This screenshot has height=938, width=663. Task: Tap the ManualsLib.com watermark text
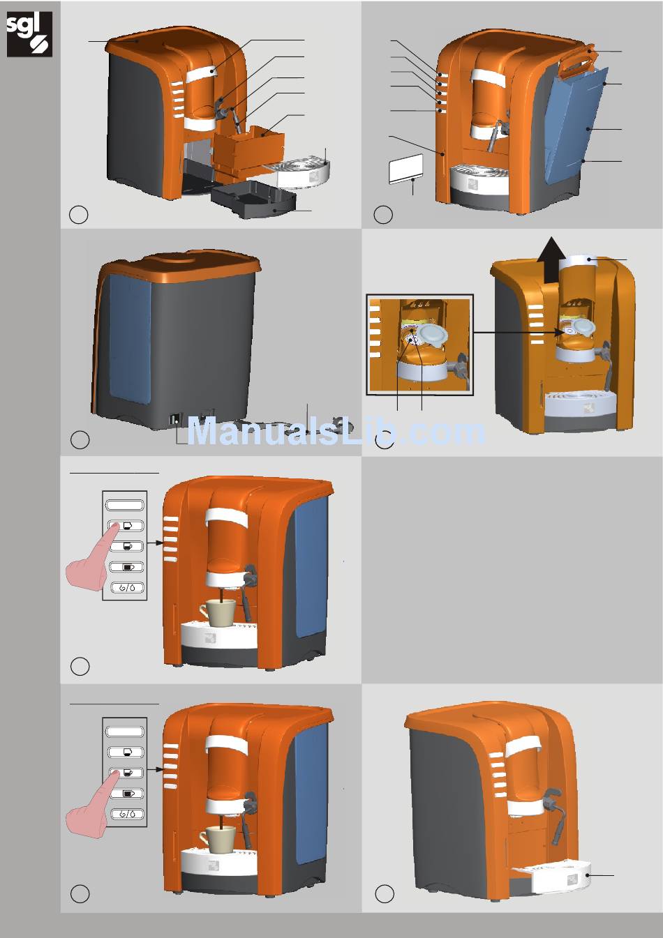(336, 432)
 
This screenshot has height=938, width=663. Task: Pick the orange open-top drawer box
(248, 148)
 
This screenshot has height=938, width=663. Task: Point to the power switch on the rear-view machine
(173, 421)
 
